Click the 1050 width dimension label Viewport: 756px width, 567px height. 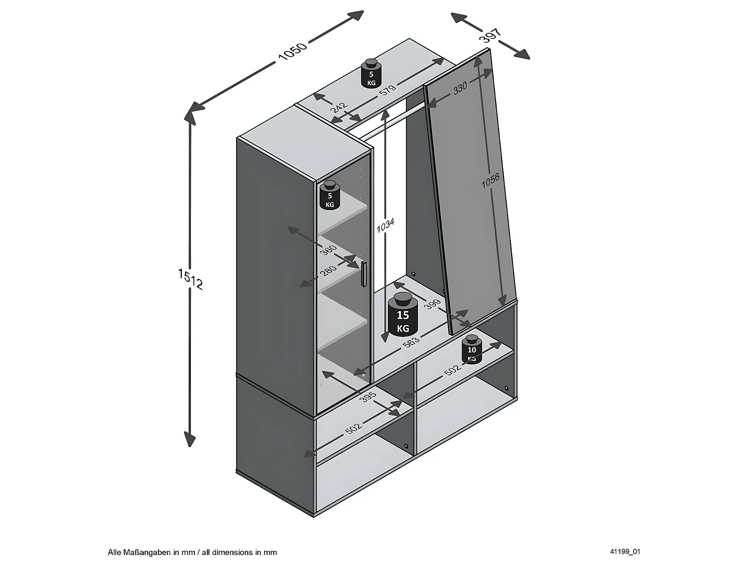coord(293,51)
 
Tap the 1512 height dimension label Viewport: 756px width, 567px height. coord(191,279)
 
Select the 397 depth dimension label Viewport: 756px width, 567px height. coord(490,35)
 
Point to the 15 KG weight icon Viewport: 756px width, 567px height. coord(403,315)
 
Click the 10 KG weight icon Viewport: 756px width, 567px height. coord(472,349)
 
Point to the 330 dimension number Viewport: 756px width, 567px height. coord(460,88)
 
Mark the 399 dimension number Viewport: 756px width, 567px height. coord(432,304)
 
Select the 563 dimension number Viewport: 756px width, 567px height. coord(411,341)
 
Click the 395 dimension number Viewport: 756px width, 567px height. coord(368,396)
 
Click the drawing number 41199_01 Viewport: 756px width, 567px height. coord(625,552)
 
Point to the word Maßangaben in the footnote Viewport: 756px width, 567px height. coord(152,552)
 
